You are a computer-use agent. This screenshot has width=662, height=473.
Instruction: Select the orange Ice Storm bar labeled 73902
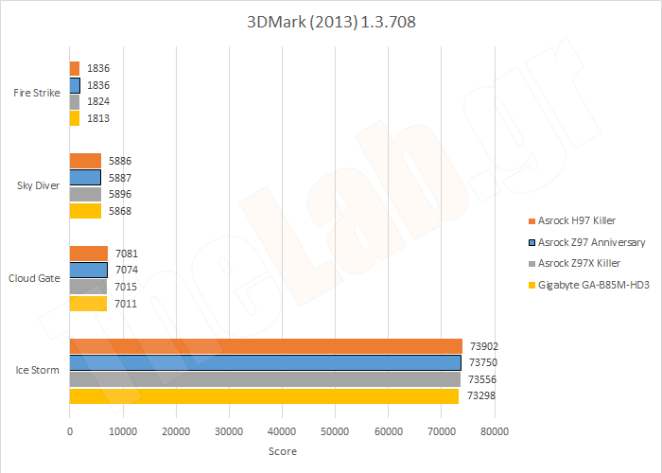point(265,345)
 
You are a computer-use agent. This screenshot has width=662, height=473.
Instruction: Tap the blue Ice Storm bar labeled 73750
point(265,362)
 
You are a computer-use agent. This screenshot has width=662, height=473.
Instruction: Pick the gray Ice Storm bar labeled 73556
point(265,378)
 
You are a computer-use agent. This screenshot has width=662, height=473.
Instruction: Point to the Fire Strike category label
point(37,93)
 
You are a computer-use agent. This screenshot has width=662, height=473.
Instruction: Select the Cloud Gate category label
point(35,278)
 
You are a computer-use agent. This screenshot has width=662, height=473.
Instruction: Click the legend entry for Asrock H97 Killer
point(578,219)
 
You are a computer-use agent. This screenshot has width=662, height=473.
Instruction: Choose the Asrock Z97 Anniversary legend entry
point(591,242)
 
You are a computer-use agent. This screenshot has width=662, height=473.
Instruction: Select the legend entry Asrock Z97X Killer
point(579,263)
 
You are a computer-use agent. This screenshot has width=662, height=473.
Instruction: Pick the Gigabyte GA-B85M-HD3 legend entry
point(593,285)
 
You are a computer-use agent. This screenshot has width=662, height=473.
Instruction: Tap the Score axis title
point(283,451)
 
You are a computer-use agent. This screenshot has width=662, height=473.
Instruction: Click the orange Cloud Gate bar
point(89,253)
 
